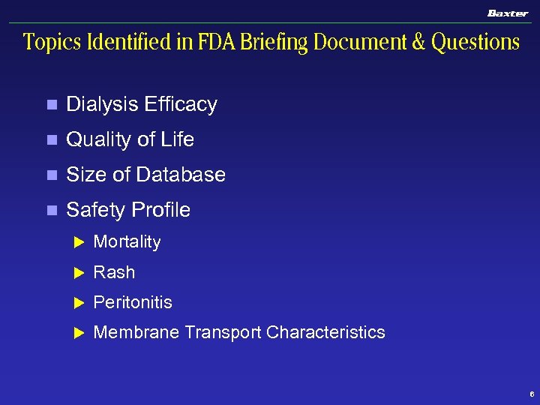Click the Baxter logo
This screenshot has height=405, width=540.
coord(508,13)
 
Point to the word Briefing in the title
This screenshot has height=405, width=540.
coord(283,43)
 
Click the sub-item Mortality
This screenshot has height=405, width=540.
coord(127,242)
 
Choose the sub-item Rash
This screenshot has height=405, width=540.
coord(114,272)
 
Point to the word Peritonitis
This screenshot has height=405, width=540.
coord(133,302)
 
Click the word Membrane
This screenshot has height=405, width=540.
coord(136,332)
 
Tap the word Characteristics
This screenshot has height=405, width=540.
coord(325,332)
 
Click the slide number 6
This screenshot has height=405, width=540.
coord(531,394)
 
